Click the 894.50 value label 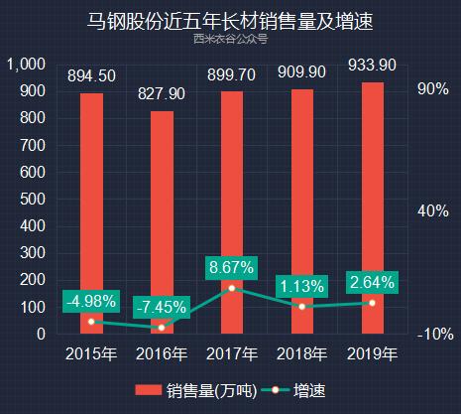click(x=91, y=76)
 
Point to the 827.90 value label click(x=162, y=94)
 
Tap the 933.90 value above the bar click(x=372, y=66)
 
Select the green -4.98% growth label click(x=91, y=301)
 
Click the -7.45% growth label click(x=162, y=307)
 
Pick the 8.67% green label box click(x=232, y=267)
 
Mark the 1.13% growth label click(x=301, y=286)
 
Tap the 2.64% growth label click(x=372, y=282)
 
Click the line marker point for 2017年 click(x=232, y=288)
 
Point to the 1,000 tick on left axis click(x=26, y=65)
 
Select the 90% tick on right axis click(x=433, y=89)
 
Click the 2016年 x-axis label click(x=162, y=353)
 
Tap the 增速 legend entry click(x=297, y=389)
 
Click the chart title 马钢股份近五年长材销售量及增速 click(x=230, y=20)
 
